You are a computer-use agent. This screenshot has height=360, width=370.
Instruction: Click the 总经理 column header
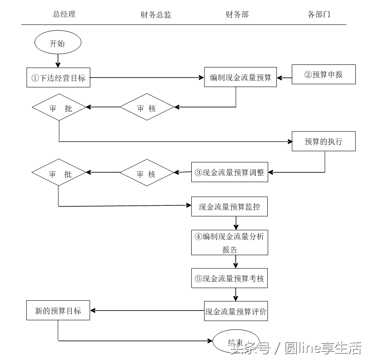click(x=64, y=14)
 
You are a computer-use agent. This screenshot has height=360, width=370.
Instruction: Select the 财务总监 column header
click(x=156, y=15)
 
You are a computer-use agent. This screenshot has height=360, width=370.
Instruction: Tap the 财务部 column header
click(x=237, y=15)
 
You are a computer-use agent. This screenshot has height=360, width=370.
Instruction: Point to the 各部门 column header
click(x=319, y=15)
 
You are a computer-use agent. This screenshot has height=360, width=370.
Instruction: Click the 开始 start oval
click(x=58, y=43)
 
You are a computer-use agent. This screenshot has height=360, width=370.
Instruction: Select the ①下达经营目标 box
click(x=58, y=78)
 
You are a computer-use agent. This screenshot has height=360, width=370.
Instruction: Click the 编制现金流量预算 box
click(x=240, y=77)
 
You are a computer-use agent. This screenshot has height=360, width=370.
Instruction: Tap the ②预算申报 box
click(x=324, y=74)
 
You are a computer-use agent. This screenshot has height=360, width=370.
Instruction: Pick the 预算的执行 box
click(x=324, y=141)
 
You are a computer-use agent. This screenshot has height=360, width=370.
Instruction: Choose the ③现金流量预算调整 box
click(x=229, y=173)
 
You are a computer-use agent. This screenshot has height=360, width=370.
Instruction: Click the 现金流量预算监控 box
click(x=229, y=207)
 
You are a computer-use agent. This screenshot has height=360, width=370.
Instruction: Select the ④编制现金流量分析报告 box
click(x=229, y=242)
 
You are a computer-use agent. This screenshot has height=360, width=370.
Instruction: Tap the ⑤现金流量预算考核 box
click(x=229, y=278)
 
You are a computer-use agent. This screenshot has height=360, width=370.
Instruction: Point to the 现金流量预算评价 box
click(x=236, y=311)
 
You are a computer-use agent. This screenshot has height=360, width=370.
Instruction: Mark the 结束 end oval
click(x=236, y=342)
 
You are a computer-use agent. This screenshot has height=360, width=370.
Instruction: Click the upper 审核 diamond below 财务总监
click(x=147, y=108)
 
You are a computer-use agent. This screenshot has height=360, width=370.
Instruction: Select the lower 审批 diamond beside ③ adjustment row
click(x=59, y=173)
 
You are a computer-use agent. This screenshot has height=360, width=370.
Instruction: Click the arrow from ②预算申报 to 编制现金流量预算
click(x=284, y=78)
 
